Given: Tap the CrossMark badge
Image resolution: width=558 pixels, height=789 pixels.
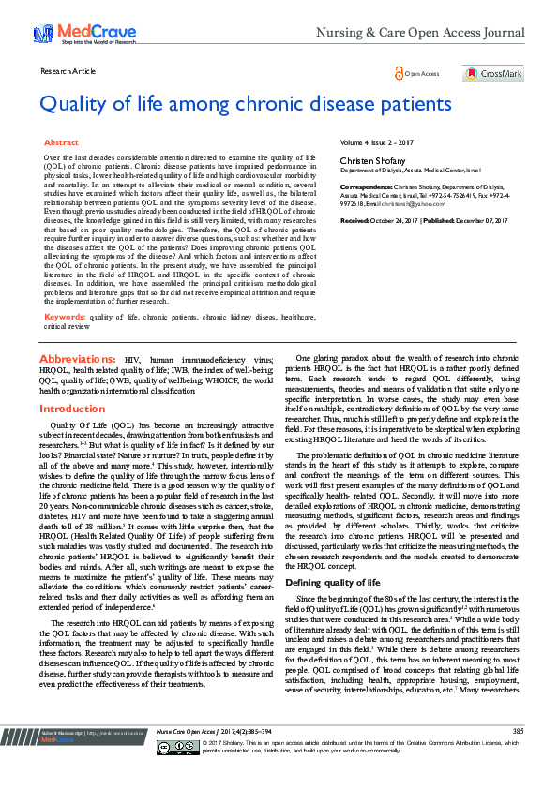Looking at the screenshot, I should [493, 74].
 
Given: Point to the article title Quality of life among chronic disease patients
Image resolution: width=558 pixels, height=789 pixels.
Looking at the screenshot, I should [246, 103].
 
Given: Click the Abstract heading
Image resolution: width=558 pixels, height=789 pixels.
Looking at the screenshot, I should [62, 142].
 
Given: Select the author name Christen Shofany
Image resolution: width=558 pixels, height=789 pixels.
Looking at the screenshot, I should [367, 161].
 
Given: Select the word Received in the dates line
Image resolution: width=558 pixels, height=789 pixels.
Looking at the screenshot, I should [355, 220].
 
